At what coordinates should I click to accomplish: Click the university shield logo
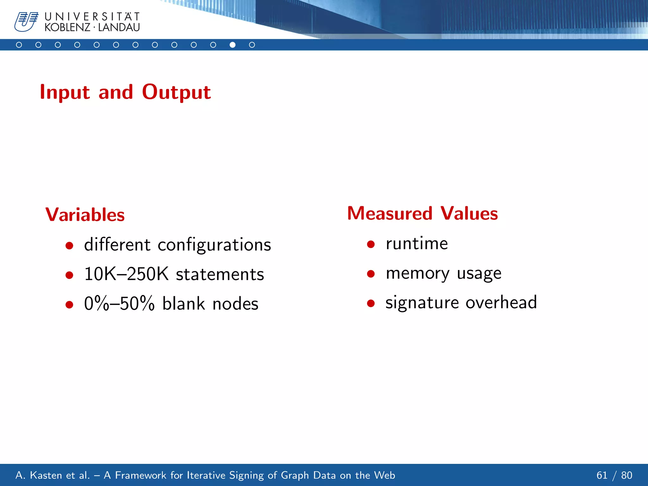pos(26,22)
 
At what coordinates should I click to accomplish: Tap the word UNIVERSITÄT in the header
pos(92,16)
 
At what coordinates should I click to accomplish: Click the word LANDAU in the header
pos(119,28)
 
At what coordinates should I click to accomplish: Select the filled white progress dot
pos(233,45)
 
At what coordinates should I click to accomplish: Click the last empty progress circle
pos(252,45)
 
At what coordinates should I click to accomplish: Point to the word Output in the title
pos(176,92)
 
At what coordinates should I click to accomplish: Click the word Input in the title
pos(65,92)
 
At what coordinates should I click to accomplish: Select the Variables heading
pos(85,215)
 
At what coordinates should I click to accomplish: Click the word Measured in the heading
pos(390,213)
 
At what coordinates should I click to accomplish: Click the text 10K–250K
pos(126,274)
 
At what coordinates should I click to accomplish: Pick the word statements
pos(220,275)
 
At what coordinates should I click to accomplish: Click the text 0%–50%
pos(119,303)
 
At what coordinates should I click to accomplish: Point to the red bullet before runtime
pos(371,244)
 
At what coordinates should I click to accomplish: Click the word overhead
pos(501,302)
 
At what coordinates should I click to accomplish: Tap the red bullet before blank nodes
pos(69,304)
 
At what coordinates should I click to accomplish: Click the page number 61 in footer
pos(602,475)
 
